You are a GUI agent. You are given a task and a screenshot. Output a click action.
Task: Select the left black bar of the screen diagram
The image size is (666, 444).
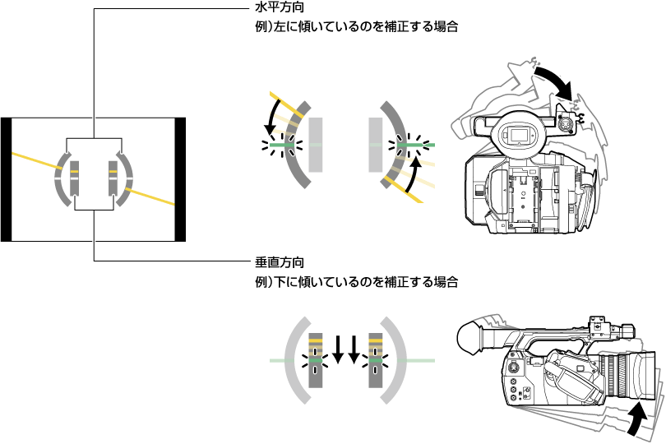point(6,179)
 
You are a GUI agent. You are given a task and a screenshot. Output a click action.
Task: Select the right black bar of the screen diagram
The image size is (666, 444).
point(181,179)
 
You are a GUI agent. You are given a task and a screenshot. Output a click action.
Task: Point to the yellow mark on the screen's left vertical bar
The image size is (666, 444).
point(73,173)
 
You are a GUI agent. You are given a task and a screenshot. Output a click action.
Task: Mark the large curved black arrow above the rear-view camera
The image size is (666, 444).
point(553,79)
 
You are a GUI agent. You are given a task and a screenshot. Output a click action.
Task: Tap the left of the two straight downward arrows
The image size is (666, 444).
point(338,349)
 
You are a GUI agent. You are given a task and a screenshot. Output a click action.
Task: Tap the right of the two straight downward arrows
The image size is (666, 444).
point(354,349)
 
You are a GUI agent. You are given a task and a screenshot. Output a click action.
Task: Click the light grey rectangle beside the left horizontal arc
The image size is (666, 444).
point(316,145)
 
